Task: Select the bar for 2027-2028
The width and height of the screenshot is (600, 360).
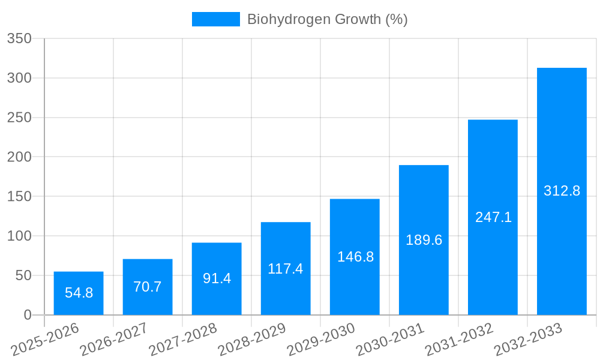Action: tap(217, 278)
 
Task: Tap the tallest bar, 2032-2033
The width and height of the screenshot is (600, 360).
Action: tap(562, 191)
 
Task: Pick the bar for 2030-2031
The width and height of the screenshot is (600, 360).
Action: tap(424, 240)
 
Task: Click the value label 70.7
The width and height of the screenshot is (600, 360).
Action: tap(148, 287)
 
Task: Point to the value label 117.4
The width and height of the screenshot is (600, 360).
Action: tap(286, 269)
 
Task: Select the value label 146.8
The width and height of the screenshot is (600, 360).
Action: tap(355, 257)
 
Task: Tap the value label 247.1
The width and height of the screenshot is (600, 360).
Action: tap(493, 217)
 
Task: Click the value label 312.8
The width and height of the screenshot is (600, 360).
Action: tap(562, 191)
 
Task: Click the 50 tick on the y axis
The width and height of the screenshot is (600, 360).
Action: tap(23, 275)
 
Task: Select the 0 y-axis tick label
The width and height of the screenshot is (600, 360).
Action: tap(28, 315)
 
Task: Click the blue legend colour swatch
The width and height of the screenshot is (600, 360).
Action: tap(215, 19)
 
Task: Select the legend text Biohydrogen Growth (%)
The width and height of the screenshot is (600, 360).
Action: tap(327, 19)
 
